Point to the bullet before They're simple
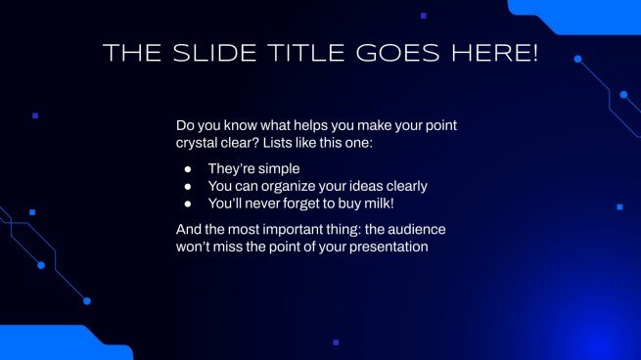[x=188, y=168]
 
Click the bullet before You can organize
[x=188, y=186]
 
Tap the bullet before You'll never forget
[x=188, y=203]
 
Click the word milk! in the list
[x=375, y=203]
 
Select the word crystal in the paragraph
[x=199, y=144]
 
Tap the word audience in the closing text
[x=419, y=230]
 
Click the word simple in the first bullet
[x=279, y=168]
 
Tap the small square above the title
[x=423, y=16]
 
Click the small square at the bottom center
[x=336, y=342]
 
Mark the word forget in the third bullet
[x=298, y=203]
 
